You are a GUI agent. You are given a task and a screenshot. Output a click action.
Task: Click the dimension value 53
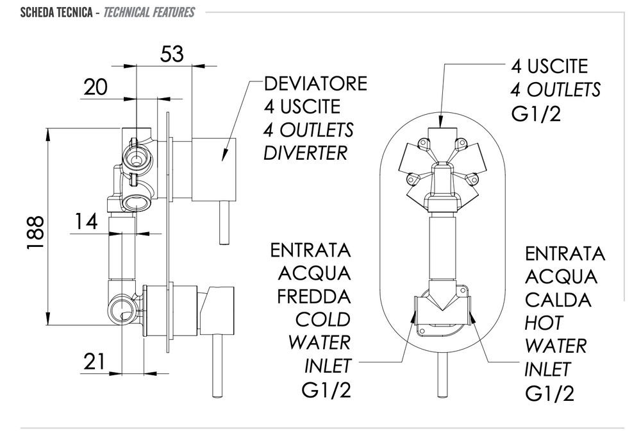(x=172, y=54)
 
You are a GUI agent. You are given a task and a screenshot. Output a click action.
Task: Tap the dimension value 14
(x=85, y=222)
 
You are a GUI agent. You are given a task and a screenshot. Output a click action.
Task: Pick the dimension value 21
(x=94, y=362)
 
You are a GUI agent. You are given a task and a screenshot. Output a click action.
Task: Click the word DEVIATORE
(x=316, y=84)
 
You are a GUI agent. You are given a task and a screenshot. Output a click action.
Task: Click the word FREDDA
(x=314, y=296)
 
